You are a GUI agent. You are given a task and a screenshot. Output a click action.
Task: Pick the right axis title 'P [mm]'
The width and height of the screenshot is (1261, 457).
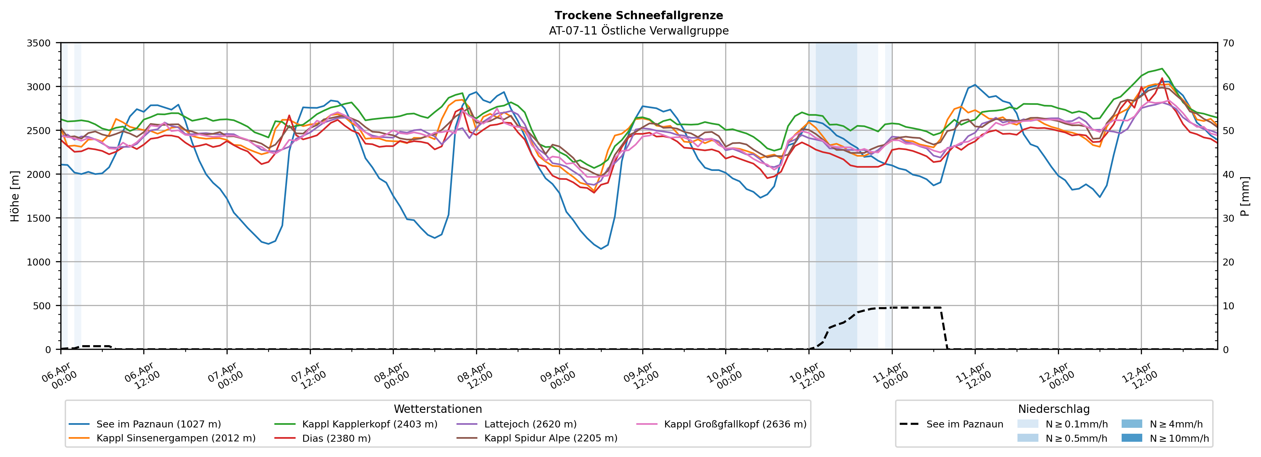(1245, 196)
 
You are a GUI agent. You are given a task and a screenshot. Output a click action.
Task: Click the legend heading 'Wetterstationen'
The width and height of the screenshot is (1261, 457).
(438, 409)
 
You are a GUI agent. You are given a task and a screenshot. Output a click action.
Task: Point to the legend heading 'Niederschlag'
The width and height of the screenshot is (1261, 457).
(1053, 409)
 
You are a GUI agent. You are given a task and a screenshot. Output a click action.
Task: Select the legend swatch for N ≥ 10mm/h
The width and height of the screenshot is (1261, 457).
(1132, 438)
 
